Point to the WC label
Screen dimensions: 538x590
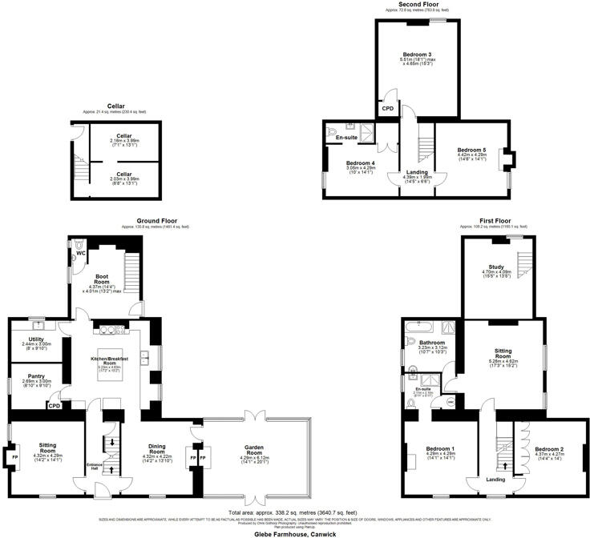click(x=81, y=254)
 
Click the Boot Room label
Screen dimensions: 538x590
click(x=102, y=279)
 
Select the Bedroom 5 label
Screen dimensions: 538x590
click(x=471, y=150)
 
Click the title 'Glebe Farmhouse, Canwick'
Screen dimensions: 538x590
click(x=296, y=532)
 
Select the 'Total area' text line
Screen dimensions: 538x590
click(x=296, y=512)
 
